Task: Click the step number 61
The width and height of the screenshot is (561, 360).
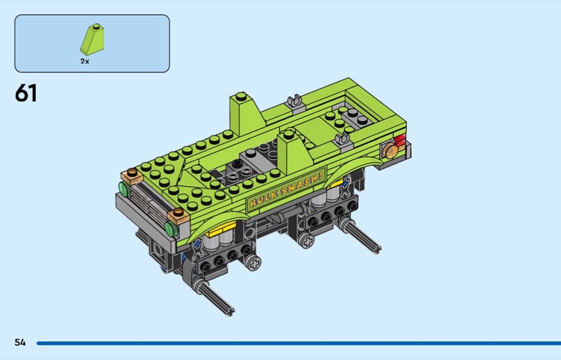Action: (26, 93)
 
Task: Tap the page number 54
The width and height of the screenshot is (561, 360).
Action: (20, 342)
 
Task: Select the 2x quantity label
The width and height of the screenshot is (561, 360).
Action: (85, 61)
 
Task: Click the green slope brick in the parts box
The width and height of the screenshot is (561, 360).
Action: (93, 39)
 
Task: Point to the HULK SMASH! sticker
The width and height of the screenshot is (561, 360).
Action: (286, 188)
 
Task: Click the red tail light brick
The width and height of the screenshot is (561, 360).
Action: (400, 141)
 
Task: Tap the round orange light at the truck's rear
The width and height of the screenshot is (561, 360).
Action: (390, 151)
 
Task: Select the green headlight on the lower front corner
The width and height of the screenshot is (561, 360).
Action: (171, 228)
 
